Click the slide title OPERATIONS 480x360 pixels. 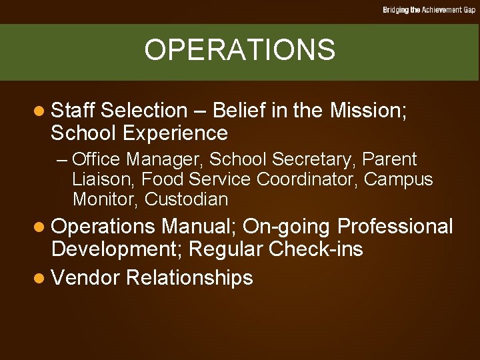pyautogui.click(x=239, y=50)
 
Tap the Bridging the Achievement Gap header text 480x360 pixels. pyautogui.click(x=429, y=10)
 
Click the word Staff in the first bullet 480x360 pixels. pyautogui.click(x=73, y=111)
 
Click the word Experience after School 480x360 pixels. pyautogui.click(x=176, y=133)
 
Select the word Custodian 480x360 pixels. pyautogui.click(x=186, y=199)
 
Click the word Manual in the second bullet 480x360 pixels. pyautogui.click(x=199, y=227)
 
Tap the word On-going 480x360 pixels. pyautogui.click(x=285, y=227)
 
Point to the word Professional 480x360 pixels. pyautogui.click(x=393, y=227)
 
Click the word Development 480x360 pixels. pyautogui.click(x=117, y=250)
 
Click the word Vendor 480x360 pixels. pyautogui.click(x=85, y=277)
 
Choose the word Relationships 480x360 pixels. pyautogui.click(x=189, y=278)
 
